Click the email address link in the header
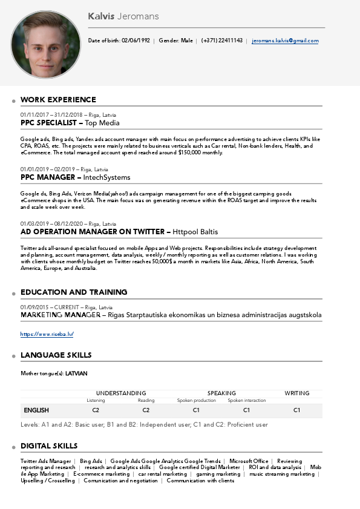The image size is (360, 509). pyautogui.click(x=285, y=41)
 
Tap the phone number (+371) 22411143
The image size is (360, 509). pyautogui.click(x=222, y=41)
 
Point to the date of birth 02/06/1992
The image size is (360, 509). pyautogui.click(x=136, y=41)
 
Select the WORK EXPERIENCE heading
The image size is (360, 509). pyautogui.click(x=58, y=100)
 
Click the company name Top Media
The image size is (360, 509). pyautogui.click(x=102, y=123)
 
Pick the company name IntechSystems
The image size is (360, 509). pyautogui.click(x=107, y=177)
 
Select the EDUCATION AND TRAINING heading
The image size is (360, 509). pyautogui.click(x=74, y=292)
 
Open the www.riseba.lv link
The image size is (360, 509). pyautogui.click(x=47, y=334)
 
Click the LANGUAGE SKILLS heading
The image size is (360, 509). pyautogui.click(x=56, y=355)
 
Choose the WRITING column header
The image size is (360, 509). pyautogui.click(x=296, y=393)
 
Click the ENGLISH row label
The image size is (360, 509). pyautogui.click(x=36, y=410)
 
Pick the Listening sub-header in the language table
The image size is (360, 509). pyautogui.click(x=96, y=401)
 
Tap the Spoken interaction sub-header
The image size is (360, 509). pyautogui.click(x=246, y=401)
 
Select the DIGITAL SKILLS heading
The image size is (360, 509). pyautogui.click(x=49, y=446)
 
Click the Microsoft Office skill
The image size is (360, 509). pyautogui.click(x=249, y=461)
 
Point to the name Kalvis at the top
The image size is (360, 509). pyautogui.click(x=100, y=16)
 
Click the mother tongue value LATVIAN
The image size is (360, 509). pyautogui.click(x=76, y=373)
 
